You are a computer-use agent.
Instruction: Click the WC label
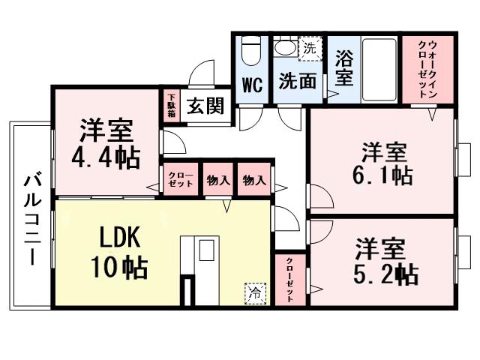pyautogui.click(x=252, y=85)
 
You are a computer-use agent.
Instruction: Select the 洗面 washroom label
pyautogui.click(x=298, y=82)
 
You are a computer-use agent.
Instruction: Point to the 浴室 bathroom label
pyautogui.click(x=344, y=67)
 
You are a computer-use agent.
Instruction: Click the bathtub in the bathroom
pyautogui.click(x=379, y=67)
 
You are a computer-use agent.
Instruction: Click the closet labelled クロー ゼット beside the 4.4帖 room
pyautogui.click(x=180, y=180)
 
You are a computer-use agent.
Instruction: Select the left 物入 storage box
pyautogui.click(x=218, y=180)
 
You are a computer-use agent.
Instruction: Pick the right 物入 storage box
pyautogui.click(x=253, y=180)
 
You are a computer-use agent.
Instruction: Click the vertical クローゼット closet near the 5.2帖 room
pyautogui.click(x=289, y=279)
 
